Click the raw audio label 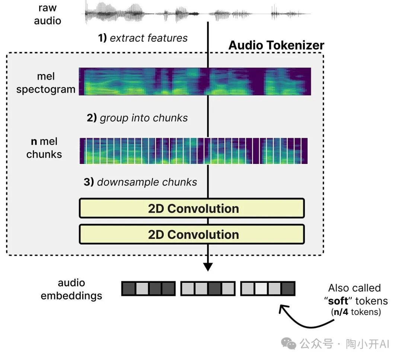point(47,14)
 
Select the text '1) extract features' point(143,38)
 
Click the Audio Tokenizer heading point(276,45)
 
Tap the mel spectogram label point(46,83)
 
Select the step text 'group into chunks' point(144,118)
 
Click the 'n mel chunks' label point(44,148)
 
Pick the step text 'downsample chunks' point(147,182)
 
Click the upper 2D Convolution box point(192,208)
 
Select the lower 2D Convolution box point(192,234)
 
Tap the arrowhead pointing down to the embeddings point(208,267)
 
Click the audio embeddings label point(71,289)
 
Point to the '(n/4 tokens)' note point(356,312)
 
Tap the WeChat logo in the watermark point(289,343)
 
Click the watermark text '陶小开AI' point(367,344)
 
